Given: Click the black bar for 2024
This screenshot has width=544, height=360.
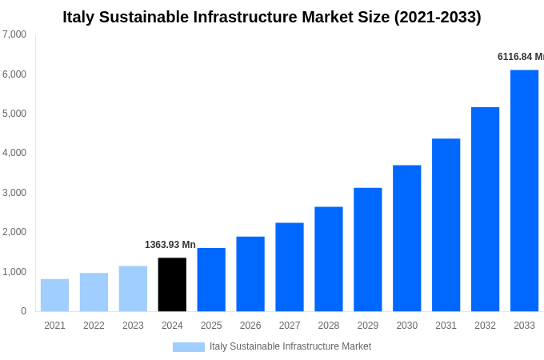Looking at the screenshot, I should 172,284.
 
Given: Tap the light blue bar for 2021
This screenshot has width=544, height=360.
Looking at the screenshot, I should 54,295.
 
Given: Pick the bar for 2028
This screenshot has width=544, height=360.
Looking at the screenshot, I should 328,258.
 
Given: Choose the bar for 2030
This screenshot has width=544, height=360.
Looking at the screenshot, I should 406,238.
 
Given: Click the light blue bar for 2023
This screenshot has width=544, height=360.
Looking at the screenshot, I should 133,289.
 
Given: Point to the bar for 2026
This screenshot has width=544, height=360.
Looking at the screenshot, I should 250,274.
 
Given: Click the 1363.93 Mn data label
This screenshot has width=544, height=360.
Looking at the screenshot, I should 170,245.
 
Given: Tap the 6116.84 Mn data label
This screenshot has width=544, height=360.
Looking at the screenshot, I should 520,57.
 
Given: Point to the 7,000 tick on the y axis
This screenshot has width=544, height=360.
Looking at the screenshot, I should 14,34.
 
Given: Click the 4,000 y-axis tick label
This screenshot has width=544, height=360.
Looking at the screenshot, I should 14,153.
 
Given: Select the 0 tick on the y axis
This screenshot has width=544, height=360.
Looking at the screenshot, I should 23,311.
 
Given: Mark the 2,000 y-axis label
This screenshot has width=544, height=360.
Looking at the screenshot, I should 14,232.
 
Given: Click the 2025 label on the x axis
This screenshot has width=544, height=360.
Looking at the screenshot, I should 211,326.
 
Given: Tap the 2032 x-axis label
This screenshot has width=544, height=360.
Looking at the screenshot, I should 485,326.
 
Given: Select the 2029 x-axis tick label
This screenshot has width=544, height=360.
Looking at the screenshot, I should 367,326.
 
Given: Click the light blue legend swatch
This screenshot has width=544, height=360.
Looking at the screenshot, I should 189,347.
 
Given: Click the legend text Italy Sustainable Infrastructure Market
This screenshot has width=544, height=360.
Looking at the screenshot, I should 290,346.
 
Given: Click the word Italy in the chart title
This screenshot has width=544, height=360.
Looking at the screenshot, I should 78,17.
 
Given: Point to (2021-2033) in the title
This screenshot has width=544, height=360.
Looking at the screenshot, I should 438,17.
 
